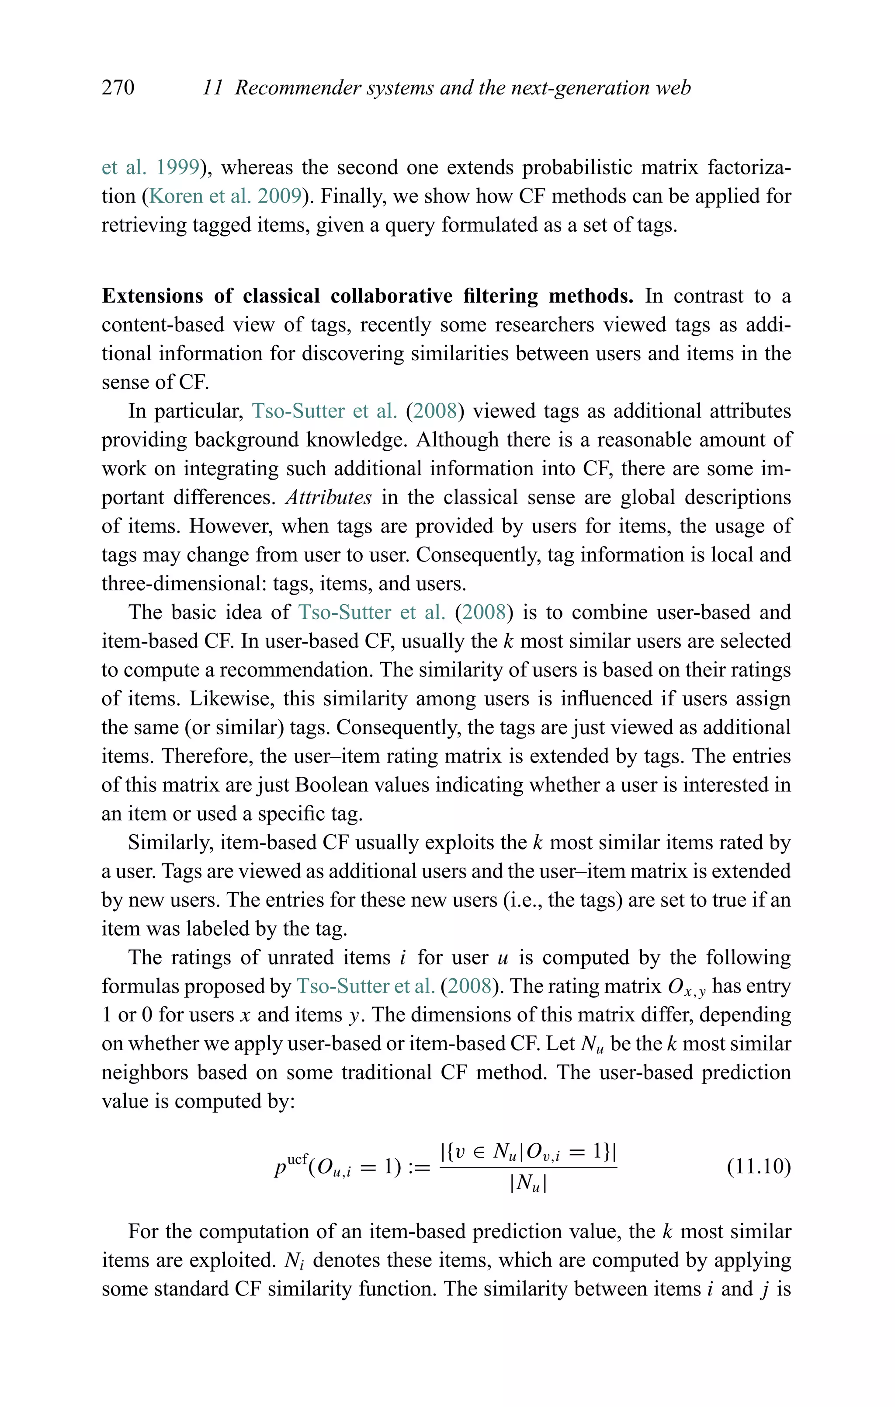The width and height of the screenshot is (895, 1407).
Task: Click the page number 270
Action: tap(118, 87)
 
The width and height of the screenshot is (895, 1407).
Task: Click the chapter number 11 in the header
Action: tap(212, 87)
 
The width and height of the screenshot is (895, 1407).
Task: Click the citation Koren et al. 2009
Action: tap(225, 196)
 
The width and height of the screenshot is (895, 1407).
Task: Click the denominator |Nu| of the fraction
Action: tap(528, 1184)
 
